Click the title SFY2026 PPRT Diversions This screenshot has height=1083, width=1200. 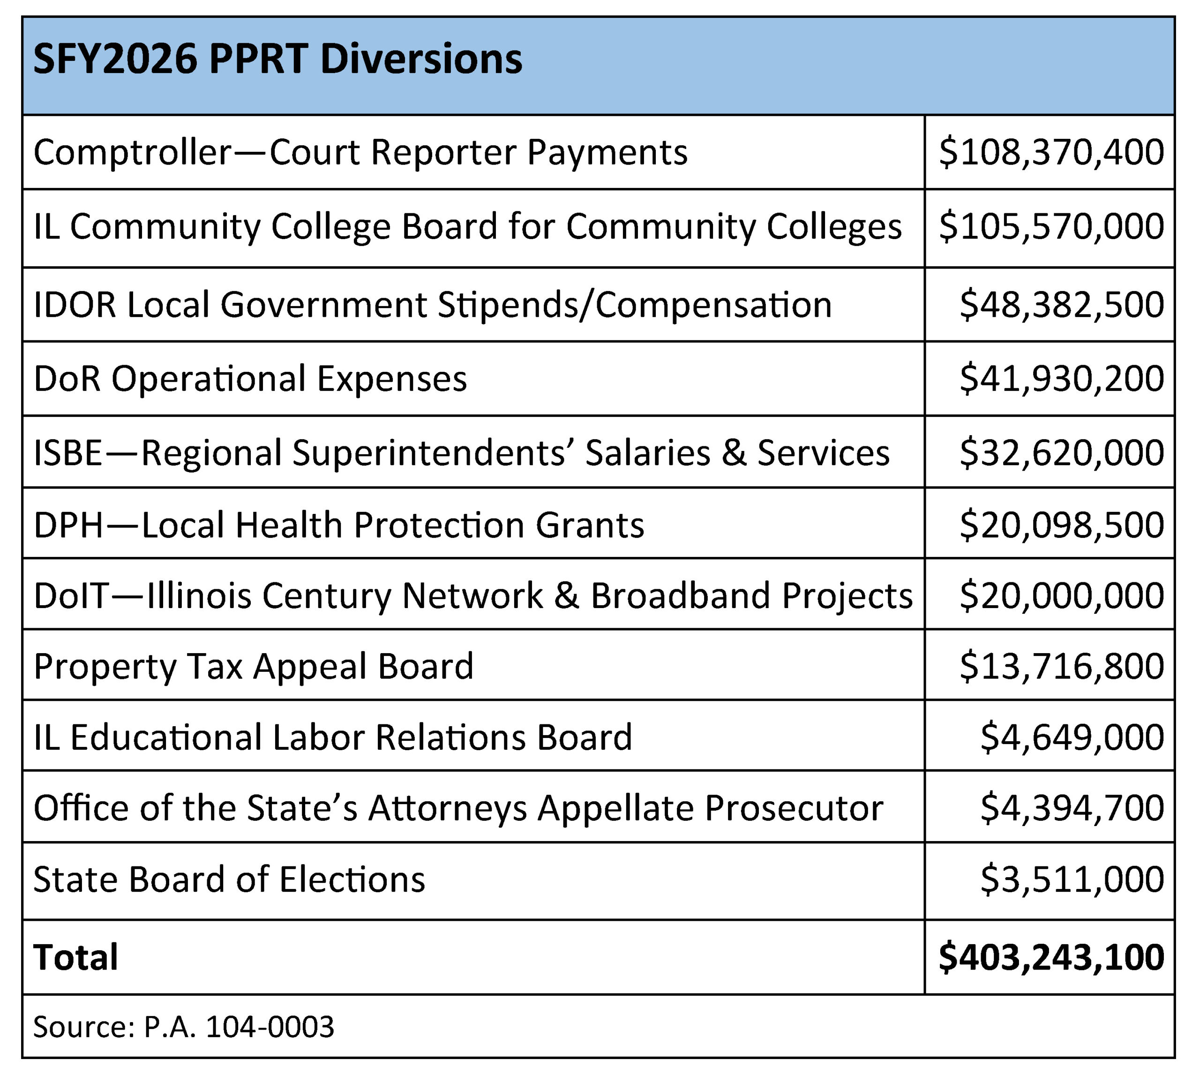[x=277, y=60]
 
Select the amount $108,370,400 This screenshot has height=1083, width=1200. [x=1050, y=152]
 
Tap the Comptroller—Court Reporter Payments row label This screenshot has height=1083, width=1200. [x=360, y=152]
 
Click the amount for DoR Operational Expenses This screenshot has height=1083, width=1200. [x=1061, y=378]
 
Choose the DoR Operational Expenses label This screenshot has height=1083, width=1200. [x=250, y=378]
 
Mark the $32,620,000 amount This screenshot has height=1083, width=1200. [x=1061, y=452]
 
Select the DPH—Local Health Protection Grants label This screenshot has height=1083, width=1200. [x=338, y=525]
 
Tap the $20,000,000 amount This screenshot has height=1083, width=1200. [x=1061, y=595]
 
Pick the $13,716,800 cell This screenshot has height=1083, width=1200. [x=1061, y=665]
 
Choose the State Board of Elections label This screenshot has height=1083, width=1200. [x=229, y=879]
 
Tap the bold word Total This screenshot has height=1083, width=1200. [x=75, y=957]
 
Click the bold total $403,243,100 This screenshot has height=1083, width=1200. [x=1050, y=957]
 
